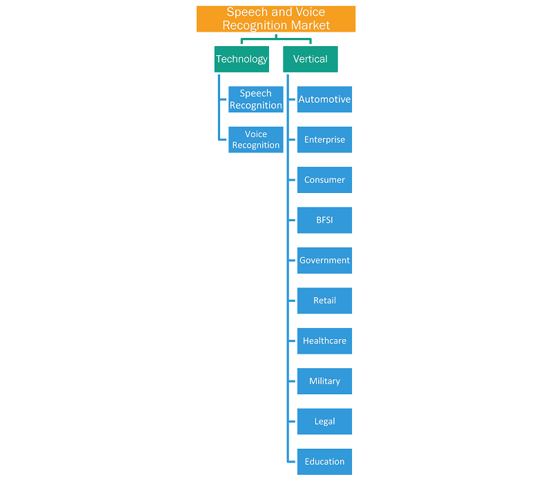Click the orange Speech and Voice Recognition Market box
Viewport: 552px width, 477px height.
(x=276, y=19)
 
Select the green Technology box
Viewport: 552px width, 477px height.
(x=242, y=59)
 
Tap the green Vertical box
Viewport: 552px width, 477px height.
(x=310, y=59)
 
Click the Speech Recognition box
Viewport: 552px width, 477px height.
(x=256, y=99)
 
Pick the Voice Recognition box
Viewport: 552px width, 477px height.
(x=256, y=140)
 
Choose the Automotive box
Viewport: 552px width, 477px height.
(x=324, y=99)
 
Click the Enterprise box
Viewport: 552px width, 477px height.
(x=324, y=140)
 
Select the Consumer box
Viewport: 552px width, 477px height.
(x=324, y=180)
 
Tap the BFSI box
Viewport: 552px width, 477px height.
(x=324, y=220)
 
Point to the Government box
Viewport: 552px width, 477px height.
(x=324, y=261)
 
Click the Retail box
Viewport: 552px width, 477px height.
(x=324, y=301)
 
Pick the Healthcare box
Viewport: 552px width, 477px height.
(x=324, y=341)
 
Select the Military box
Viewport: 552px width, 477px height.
(x=324, y=381)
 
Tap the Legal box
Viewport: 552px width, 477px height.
(x=324, y=421)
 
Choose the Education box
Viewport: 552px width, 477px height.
(x=324, y=462)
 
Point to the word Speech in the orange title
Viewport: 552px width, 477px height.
(x=247, y=12)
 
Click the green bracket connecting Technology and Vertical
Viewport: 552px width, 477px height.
(x=276, y=39)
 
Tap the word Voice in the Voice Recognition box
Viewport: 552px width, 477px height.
(x=256, y=134)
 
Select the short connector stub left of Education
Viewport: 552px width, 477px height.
(x=292, y=462)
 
